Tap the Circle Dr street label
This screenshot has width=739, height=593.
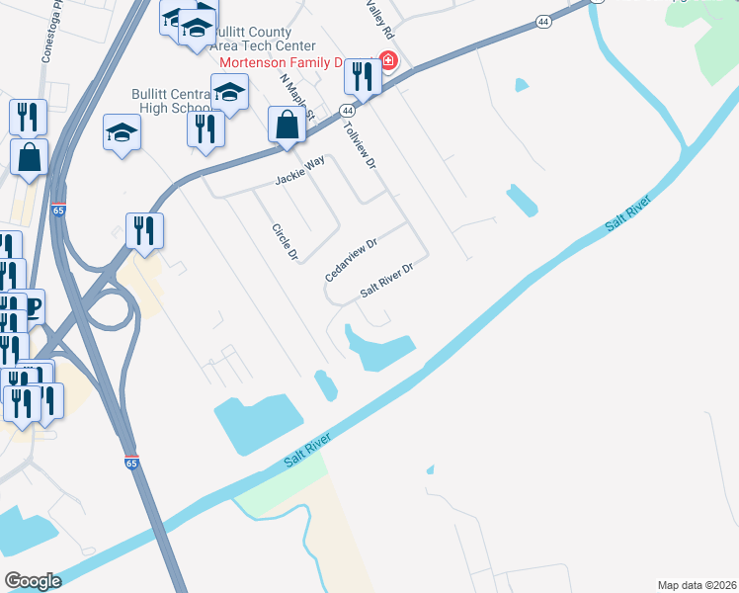coord(285,242)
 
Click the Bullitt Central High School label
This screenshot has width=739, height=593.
coord(170,101)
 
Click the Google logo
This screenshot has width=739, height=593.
coord(33,581)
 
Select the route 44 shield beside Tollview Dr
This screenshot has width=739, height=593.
coord(348,111)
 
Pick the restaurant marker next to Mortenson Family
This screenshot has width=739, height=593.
coord(364,77)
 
